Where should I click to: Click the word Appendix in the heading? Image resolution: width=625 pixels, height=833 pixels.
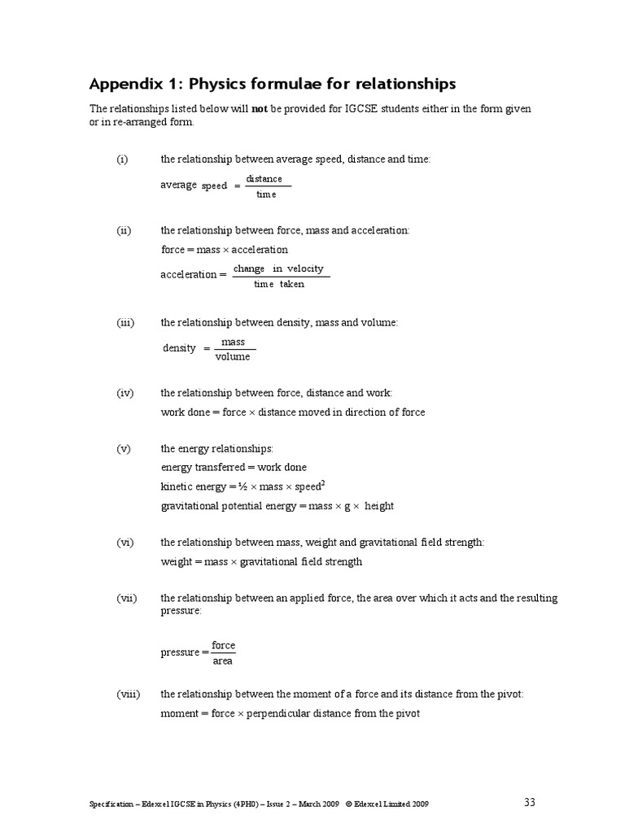tap(125, 85)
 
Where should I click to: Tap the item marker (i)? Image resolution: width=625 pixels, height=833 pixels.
tap(122, 159)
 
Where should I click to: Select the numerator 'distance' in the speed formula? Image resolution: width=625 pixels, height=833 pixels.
tap(264, 179)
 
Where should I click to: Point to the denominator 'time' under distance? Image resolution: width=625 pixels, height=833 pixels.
tap(266, 194)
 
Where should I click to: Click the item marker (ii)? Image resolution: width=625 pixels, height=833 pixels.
tap(124, 231)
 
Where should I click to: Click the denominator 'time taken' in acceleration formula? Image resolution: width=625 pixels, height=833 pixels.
tap(278, 284)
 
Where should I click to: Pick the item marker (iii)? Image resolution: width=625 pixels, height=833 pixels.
tap(125, 323)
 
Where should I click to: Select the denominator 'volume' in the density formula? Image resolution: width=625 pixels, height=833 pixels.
tap(233, 356)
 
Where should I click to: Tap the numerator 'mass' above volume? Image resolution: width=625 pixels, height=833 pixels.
tap(233, 342)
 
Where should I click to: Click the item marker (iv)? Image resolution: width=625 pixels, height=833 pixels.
tap(125, 393)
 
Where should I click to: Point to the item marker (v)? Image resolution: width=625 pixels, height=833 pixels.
tap(124, 448)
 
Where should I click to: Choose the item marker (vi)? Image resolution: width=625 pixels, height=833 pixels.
tap(125, 542)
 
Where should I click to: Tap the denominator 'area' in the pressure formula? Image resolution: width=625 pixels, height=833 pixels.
tap(222, 661)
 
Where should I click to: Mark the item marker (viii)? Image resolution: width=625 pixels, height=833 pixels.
tap(128, 695)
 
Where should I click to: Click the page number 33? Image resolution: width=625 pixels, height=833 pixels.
tap(530, 802)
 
